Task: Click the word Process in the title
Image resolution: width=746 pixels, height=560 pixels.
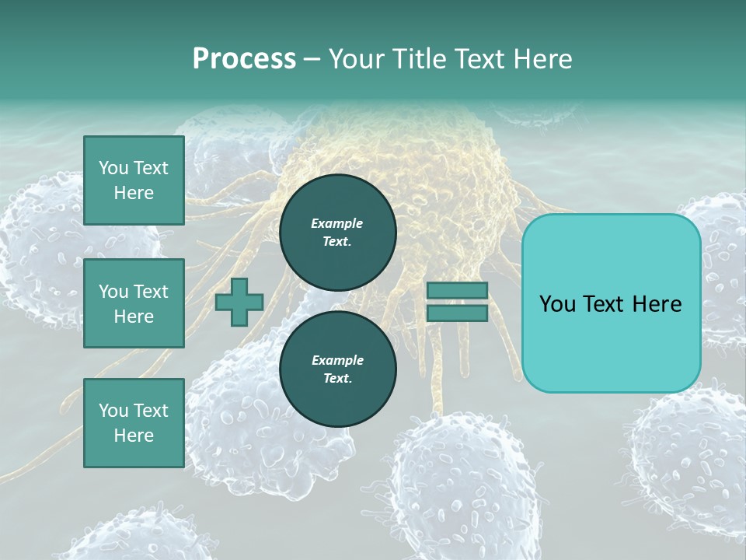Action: click(x=244, y=58)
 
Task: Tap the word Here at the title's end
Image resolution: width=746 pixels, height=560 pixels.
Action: click(x=542, y=58)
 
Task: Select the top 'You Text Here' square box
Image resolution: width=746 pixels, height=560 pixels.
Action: click(x=134, y=180)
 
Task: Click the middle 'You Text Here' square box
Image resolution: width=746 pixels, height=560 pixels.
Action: click(x=134, y=303)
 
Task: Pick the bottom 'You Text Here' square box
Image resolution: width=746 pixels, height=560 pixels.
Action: click(x=134, y=422)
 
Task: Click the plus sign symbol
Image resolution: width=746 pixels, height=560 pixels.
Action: click(x=239, y=302)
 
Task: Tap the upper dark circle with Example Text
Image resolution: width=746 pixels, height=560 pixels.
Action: click(x=337, y=232)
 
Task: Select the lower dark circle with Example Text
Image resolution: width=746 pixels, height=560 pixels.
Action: click(x=337, y=369)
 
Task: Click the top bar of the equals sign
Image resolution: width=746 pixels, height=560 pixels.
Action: click(x=457, y=290)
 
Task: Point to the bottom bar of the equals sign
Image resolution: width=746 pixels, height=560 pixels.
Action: click(x=457, y=313)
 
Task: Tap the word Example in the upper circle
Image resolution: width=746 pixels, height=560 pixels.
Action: click(x=337, y=223)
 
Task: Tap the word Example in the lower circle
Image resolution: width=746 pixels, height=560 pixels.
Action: click(x=337, y=360)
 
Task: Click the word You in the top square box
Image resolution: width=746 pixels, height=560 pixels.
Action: click(x=113, y=168)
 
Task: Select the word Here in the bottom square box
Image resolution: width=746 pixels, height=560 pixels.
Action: click(x=134, y=436)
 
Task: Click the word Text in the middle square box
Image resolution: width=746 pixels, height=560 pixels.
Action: click(x=151, y=292)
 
